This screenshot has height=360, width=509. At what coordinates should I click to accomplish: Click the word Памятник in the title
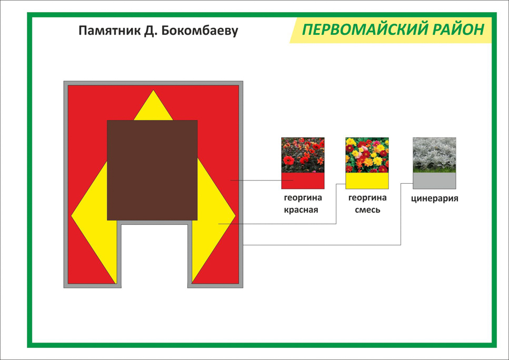(109, 31)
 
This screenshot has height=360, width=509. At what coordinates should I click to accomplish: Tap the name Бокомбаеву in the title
(199, 31)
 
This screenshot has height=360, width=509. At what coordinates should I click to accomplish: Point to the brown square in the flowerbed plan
(152, 170)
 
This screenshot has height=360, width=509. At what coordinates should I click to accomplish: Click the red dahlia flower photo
(303, 155)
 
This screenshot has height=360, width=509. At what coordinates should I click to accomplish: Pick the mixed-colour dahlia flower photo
(367, 155)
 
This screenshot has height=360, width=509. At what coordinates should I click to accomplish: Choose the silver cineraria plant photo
(434, 155)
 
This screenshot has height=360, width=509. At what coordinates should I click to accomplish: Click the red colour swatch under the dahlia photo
(303, 181)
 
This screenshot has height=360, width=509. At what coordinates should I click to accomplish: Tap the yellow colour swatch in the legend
(367, 181)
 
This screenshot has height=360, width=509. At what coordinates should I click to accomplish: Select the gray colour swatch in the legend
(434, 181)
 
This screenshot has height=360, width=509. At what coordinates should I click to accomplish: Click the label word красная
(301, 210)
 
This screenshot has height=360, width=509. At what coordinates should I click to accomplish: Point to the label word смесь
(367, 210)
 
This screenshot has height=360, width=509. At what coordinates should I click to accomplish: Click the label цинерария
(435, 198)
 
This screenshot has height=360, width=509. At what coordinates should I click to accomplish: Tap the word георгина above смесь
(367, 198)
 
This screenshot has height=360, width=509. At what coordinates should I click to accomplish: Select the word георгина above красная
(303, 198)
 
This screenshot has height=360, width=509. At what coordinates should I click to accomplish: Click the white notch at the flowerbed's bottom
(155, 256)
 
